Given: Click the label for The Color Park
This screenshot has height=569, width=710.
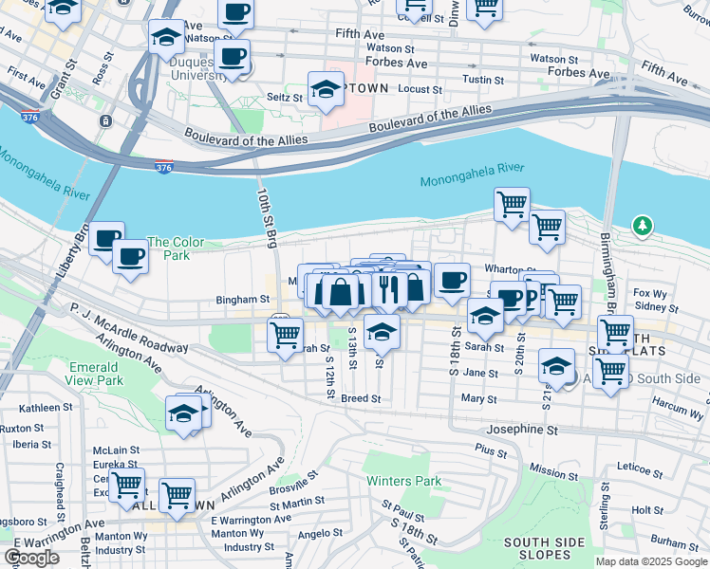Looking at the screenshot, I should pos(176,248).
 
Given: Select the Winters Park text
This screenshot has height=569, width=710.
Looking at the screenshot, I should pos(403,481).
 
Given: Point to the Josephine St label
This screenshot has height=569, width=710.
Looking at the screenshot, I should pos(522,430).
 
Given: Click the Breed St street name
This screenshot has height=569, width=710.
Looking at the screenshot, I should pos(361,399).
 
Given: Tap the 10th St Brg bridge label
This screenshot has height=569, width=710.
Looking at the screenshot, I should pos(266,217).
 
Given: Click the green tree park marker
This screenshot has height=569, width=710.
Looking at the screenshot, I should pos(643,226).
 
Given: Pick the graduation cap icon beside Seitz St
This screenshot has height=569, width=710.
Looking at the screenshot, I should pos(326,88).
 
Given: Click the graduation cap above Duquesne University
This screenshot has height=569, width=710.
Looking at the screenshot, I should pos(165,36).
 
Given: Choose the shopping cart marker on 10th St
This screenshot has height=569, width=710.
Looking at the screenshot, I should pos(285,335).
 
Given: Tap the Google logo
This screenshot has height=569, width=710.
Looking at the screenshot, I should pos(31,558).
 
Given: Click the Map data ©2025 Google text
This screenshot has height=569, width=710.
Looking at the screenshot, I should pos(650,561).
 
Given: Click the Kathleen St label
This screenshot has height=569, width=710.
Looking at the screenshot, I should pos(26,408).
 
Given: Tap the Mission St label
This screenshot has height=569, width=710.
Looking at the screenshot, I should pos(548,469).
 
